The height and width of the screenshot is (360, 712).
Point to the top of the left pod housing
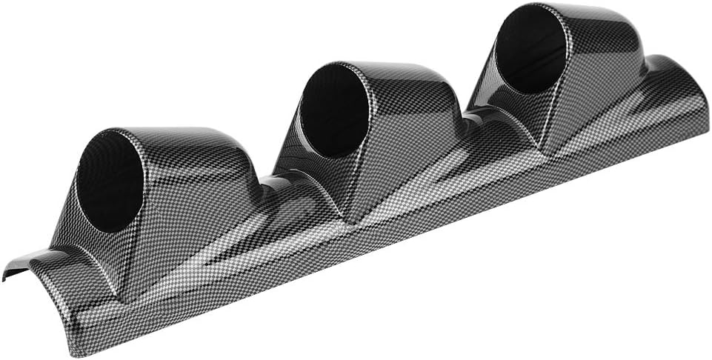178,137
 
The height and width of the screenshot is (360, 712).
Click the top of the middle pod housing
393,70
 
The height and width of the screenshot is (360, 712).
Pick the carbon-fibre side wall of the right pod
600,89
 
